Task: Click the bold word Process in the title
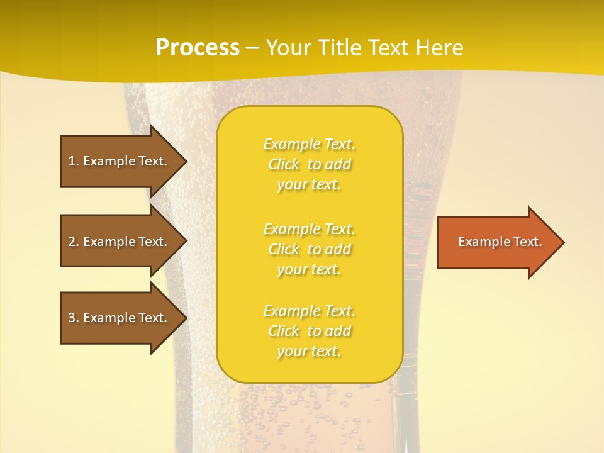[x=198, y=48]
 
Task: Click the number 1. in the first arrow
[x=74, y=161]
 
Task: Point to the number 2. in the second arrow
[x=74, y=242]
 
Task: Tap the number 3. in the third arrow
[x=74, y=318]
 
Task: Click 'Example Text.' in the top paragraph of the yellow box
[x=309, y=144]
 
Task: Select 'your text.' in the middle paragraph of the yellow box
[x=309, y=269]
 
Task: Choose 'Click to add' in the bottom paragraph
[x=309, y=331]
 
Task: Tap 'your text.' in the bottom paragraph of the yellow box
[x=309, y=351]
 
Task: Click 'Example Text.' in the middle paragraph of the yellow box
[x=309, y=228]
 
